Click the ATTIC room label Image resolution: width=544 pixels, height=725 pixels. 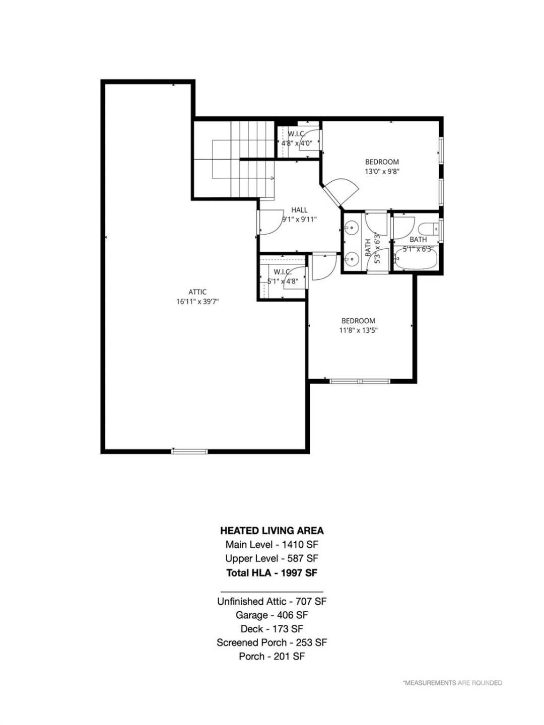tap(197, 292)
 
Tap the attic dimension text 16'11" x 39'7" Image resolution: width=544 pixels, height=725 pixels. tap(197, 302)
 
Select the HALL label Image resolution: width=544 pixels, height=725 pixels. tap(299, 210)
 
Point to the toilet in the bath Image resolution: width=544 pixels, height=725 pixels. tap(430, 229)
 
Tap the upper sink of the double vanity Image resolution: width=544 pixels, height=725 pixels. tap(351, 228)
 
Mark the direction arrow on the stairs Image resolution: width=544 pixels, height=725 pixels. tap(271, 178)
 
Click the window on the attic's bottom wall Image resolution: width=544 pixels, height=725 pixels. tap(189, 451)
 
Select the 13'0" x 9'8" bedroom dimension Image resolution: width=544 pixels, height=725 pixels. tap(382, 171)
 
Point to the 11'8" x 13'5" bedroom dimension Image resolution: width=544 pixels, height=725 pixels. tap(358, 330)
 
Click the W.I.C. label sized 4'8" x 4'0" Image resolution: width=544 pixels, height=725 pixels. tap(297, 134)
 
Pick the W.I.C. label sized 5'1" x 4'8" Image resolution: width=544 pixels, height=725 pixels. tap(283, 272)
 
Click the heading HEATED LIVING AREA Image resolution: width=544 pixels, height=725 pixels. tap(272, 530)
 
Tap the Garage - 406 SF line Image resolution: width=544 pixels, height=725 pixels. tap(272, 615)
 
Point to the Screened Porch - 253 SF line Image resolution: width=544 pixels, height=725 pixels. tap(272, 642)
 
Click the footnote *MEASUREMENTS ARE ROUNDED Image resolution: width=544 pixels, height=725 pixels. tap(452, 683)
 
